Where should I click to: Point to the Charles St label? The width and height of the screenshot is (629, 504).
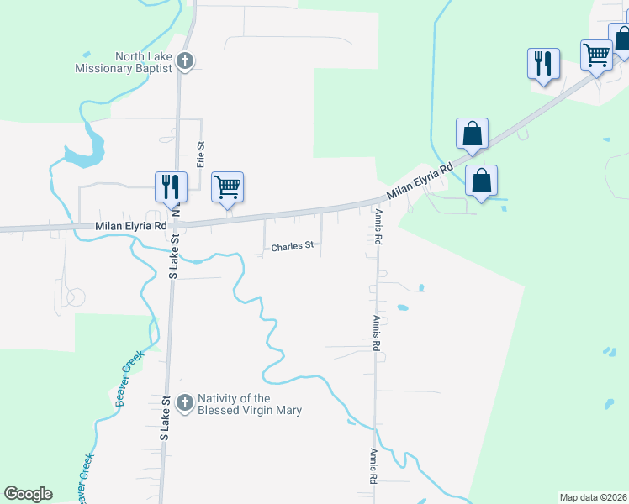coord(292,247)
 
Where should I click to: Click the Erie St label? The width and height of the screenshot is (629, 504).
coord(202,155)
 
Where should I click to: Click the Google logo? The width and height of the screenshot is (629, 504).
coord(28,494)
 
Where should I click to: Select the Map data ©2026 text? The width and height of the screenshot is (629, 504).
coord(593,497)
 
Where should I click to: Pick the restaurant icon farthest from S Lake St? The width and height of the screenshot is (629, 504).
coord(543,62)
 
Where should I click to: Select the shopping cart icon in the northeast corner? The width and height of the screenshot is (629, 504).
coord(596,56)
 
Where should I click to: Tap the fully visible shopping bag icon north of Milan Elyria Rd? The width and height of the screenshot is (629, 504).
coord(472,133)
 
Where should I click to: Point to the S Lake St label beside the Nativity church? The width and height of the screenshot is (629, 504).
coord(165,418)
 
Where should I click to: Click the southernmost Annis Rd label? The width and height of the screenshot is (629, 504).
coord(372,466)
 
